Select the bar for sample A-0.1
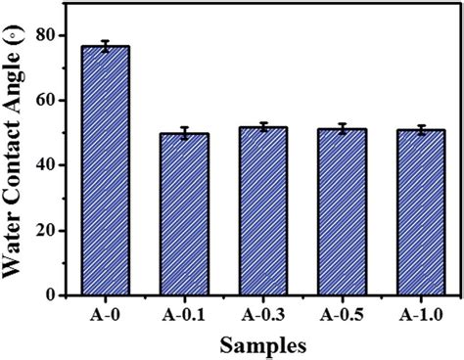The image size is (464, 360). tap(183, 214)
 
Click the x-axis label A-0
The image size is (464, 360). tap(104, 315)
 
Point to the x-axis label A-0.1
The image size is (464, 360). tap(183, 315)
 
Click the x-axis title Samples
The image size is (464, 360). tap(261, 344)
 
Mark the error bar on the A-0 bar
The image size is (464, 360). tap(104, 46)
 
